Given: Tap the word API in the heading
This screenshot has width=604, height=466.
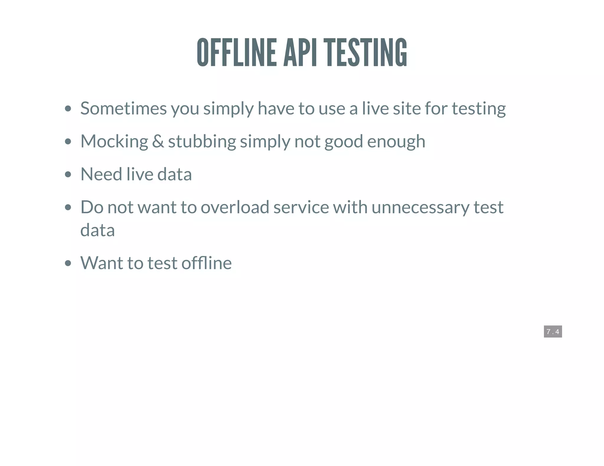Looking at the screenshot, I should coord(300,52).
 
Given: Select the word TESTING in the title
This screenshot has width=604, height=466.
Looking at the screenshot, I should coord(366,52).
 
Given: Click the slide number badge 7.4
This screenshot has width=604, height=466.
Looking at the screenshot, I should coord(553,332).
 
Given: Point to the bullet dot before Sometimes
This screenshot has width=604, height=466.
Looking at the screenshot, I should coord(68,109).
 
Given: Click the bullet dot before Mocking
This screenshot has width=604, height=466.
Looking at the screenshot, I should coord(68,142).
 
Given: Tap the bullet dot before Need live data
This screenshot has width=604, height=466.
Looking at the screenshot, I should coord(68,174).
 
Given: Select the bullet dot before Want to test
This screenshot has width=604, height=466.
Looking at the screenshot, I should coord(68,263).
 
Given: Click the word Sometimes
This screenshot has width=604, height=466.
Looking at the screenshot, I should coord(124,108).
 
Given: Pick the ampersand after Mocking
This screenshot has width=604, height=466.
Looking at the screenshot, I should coord(158,141).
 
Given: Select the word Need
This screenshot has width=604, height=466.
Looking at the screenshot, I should coord(101,174).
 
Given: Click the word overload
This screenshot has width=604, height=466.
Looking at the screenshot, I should coord(235,207).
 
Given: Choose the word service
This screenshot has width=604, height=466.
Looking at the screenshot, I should coord(301,207).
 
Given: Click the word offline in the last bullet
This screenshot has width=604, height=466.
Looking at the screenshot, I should coord(206,263).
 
